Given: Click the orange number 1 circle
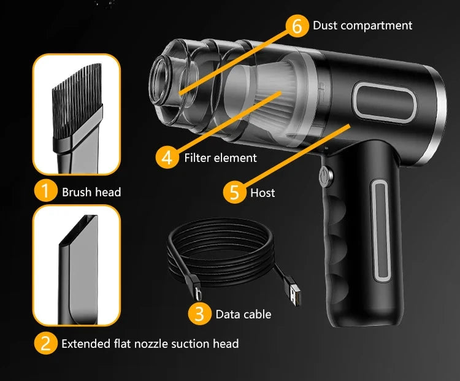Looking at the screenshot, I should pyautogui.click(x=45, y=191).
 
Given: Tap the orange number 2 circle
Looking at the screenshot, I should pyautogui.click(x=45, y=343).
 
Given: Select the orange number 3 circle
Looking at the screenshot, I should pyautogui.click(x=199, y=314).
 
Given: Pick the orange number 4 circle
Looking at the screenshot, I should pyautogui.click(x=167, y=157).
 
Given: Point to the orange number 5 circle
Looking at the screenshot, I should pyautogui.click(x=234, y=192).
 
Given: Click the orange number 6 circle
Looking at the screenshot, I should pyautogui.click(x=296, y=25).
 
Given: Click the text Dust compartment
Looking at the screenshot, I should pyautogui.click(x=362, y=25).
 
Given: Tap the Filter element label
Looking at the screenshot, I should pyautogui.click(x=220, y=158).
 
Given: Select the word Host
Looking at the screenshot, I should pyautogui.click(x=263, y=193).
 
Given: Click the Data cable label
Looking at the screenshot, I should pyautogui.click(x=243, y=314).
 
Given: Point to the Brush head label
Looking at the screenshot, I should pyautogui.click(x=91, y=192).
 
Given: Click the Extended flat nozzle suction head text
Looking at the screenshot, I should pyautogui.click(x=150, y=344).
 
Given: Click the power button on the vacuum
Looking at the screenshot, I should pyautogui.click(x=324, y=177).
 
